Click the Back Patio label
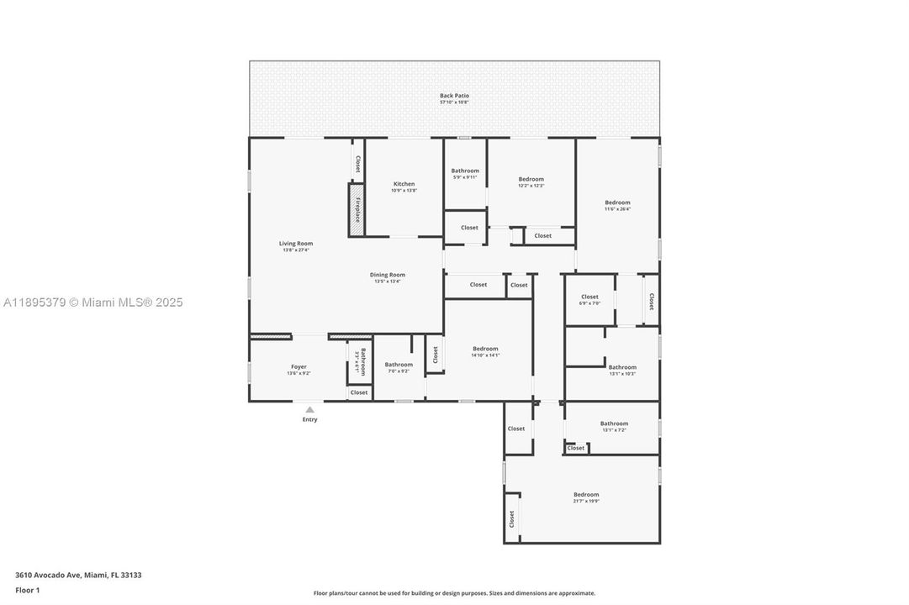(x=454, y=96)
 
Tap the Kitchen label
(x=404, y=184)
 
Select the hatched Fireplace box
(x=357, y=209)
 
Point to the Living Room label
(x=296, y=244)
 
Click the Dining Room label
(x=388, y=275)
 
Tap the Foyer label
(x=299, y=366)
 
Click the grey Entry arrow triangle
(x=309, y=409)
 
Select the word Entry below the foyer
(x=309, y=419)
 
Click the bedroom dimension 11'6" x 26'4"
(x=617, y=209)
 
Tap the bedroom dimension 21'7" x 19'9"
(x=586, y=501)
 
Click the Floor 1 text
(x=28, y=590)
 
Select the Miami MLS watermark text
(x=92, y=302)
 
